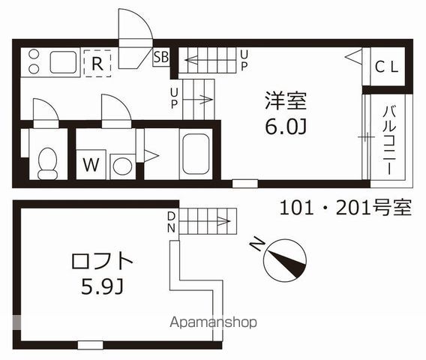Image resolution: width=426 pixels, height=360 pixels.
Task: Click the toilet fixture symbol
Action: tap(48, 161)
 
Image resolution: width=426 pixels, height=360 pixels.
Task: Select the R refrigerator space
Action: tap(97, 62)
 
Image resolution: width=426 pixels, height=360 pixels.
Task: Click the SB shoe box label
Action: tap(160, 57)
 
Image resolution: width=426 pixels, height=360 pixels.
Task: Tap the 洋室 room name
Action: tap(286, 100)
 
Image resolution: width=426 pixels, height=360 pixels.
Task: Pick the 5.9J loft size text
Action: tap(101, 288)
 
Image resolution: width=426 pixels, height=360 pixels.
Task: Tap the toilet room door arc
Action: tap(45, 110)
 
